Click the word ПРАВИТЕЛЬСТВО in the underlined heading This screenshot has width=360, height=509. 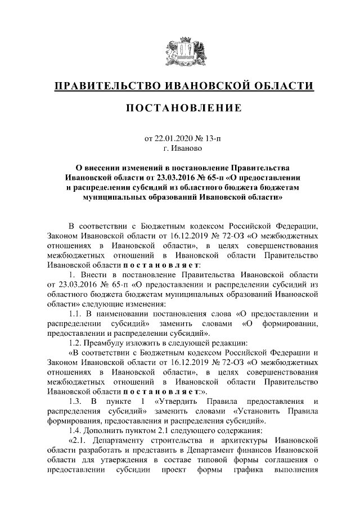click(105, 85)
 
